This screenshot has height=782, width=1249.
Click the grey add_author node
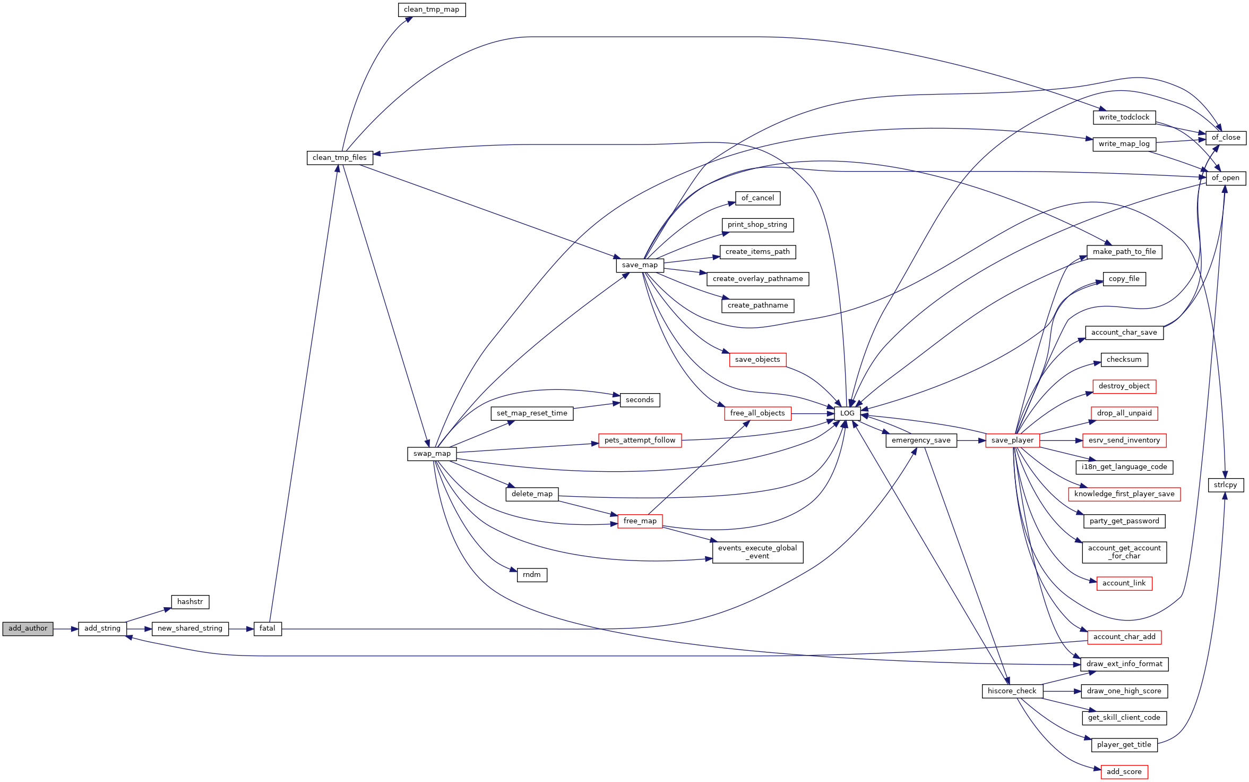28,628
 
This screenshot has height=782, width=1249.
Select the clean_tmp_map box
432,10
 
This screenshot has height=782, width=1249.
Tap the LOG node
847,413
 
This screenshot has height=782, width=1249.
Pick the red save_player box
1012,440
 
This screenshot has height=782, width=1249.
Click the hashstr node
190,602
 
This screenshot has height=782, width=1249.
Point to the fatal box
268,628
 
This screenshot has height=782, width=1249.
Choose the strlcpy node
1225,485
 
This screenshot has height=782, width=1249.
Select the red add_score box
1124,772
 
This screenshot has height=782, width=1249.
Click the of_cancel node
757,198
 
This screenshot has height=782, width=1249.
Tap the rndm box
531,575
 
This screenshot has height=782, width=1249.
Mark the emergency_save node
921,440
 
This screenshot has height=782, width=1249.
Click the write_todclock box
1124,117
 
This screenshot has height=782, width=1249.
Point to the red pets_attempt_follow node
640,440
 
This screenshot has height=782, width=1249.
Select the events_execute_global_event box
757,552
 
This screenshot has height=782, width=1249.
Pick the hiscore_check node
1012,691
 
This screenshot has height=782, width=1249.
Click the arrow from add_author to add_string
66,629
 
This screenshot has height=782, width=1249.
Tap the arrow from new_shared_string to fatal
241,629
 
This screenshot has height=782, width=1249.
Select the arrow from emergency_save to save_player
971,440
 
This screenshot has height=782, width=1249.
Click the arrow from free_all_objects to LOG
813,413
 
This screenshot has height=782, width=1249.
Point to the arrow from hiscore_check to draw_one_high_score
1062,691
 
